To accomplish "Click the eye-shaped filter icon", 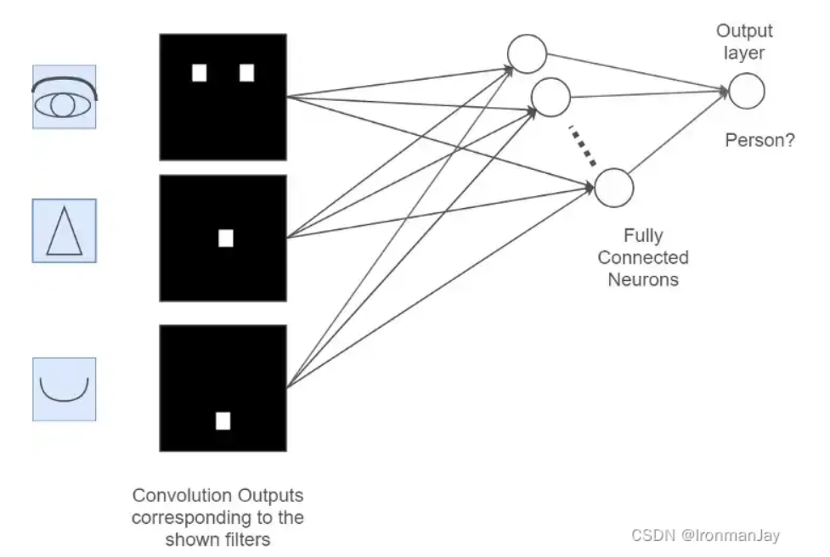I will pyautogui.click(x=65, y=98).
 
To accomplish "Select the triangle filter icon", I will pyautogui.click(x=65, y=231).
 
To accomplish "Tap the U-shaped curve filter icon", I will pyautogui.click(x=65, y=390).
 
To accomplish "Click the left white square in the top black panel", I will pyautogui.click(x=200, y=73).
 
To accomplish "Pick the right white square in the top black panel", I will pyautogui.click(x=246, y=73).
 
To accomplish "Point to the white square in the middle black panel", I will pyautogui.click(x=225, y=239).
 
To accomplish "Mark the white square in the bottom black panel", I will pyautogui.click(x=223, y=420).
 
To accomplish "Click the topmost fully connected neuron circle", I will pyautogui.click(x=527, y=54).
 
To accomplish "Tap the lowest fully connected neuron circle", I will pyautogui.click(x=613, y=187).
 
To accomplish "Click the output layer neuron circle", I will pyautogui.click(x=747, y=91).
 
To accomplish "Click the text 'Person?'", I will pyautogui.click(x=759, y=141).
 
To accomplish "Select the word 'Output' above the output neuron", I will pyautogui.click(x=744, y=31).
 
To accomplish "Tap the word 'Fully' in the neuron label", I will pyautogui.click(x=643, y=236).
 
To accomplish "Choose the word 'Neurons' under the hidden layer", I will pyautogui.click(x=643, y=278).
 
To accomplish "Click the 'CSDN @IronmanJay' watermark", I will pyautogui.click(x=705, y=536).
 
